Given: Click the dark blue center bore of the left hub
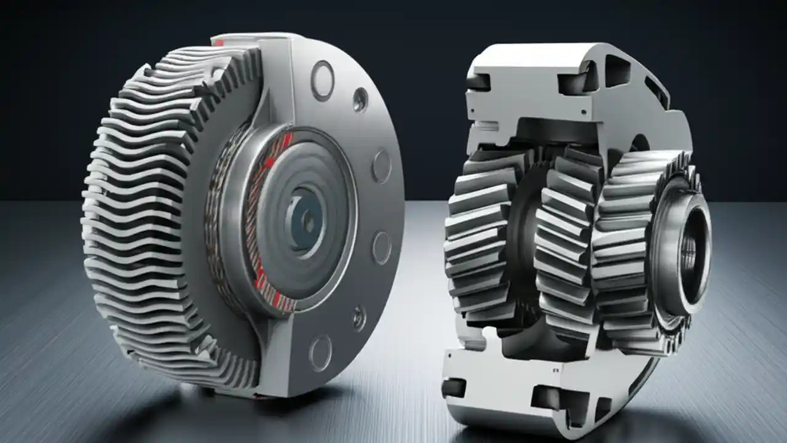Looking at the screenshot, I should click(x=306, y=218).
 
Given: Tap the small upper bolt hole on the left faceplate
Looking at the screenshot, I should click(x=360, y=99).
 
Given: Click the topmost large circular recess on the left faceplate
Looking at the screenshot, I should click(x=322, y=81).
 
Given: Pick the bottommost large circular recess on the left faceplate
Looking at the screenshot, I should click(x=320, y=352).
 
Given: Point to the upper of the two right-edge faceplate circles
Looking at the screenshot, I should click(x=381, y=166).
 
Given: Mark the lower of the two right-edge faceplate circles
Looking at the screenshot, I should click(x=381, y=247).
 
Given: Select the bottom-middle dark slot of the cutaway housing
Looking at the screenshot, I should click(x=547, y=397).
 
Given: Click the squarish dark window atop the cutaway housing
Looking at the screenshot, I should click(x=617, y=70).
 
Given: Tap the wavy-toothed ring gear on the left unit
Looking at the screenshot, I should click(x=141, y=215).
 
